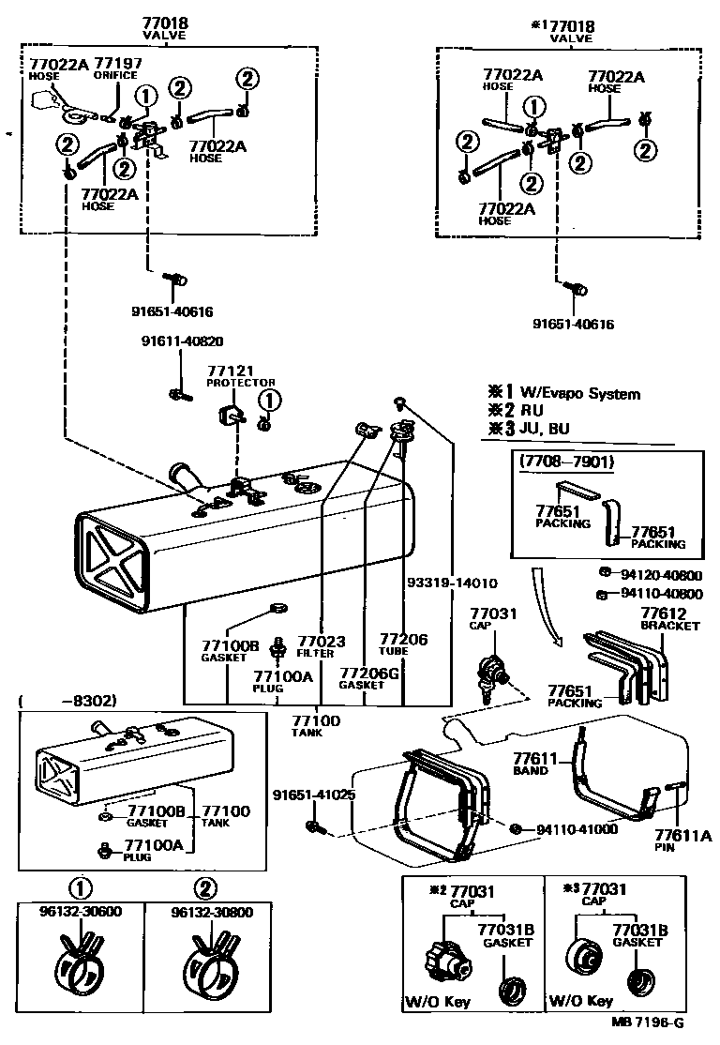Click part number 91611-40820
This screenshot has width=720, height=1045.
coord(183,341)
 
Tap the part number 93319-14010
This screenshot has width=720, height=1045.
coord(451,583)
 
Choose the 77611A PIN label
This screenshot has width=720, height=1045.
coord(670,839)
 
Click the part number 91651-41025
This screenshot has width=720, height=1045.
coord(314,794)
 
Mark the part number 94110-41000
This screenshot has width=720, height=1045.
coord(577,829)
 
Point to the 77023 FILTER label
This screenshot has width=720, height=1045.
coord(321,646)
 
